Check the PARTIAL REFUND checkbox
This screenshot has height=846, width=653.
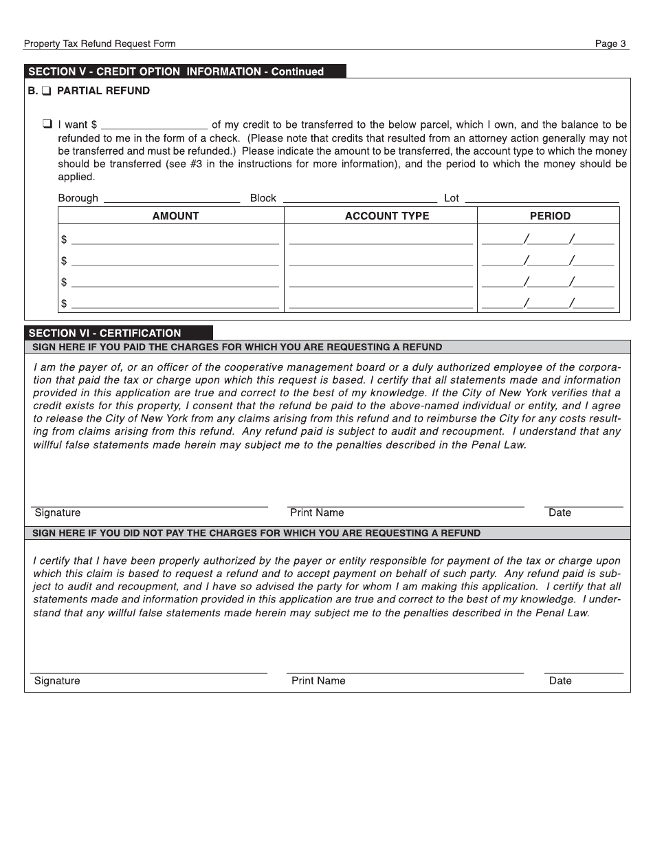tap(46, 91)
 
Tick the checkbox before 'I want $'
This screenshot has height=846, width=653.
tap(47, 124)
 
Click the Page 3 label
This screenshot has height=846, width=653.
tap(610, 43)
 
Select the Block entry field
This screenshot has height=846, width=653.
tap(359, 199)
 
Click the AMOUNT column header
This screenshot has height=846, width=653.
tap(175, 216)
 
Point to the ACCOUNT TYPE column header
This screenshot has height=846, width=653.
tap(386, 216)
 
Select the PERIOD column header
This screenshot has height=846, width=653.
tap(550, 216)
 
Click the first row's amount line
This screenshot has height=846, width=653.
tap(175, 240)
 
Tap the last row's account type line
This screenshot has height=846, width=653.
tap(381, 303)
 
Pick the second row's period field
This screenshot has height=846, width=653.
tap(548, 261)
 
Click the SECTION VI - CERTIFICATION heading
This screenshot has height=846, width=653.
tap(104, 333)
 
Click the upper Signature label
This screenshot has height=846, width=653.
tap(57, 512)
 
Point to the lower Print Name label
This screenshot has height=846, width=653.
tap(318, 680)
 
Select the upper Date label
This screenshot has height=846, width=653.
tap(560, 512)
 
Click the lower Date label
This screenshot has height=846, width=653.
tap(560, 680)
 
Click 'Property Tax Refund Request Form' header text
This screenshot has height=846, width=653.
tap(100, 43)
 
